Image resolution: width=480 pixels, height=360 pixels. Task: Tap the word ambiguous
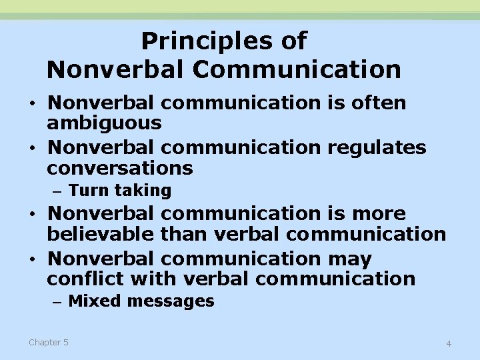coord(104,123)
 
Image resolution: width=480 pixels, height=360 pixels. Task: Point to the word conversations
coord(120,167)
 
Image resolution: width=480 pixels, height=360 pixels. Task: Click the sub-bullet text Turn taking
coord(120,191)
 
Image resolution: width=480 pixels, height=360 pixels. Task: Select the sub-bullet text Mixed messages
coord(141,301)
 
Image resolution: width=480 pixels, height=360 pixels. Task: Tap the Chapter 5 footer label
coord(48,342)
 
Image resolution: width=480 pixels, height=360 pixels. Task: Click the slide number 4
coord(449,343)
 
